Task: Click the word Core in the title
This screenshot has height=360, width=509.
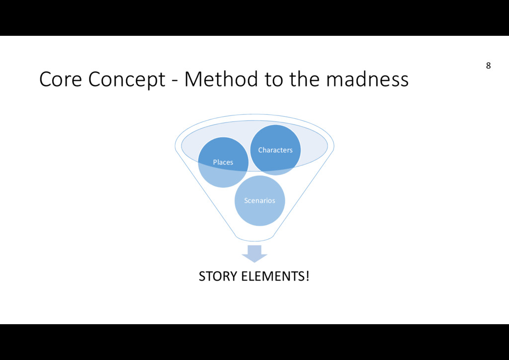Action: click(x=60, y=79)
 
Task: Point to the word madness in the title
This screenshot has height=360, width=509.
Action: click(x=367, y=79)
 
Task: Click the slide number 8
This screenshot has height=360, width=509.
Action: click(x=488, y=66)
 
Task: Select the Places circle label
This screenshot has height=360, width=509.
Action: click(x=223, y=162)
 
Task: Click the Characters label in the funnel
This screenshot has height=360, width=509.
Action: click(x=275, y=150)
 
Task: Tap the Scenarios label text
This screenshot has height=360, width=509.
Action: click(x=259, y=200)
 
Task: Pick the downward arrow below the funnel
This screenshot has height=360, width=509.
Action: click(x=254, y=253)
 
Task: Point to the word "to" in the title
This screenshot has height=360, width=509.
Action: click(x=274, y=79)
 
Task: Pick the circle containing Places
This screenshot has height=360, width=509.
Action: click(x=219, y=174)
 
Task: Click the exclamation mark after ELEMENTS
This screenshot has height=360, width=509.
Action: click(x=307, y=276)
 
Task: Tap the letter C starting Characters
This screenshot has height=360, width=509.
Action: click(x=260, y=150)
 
